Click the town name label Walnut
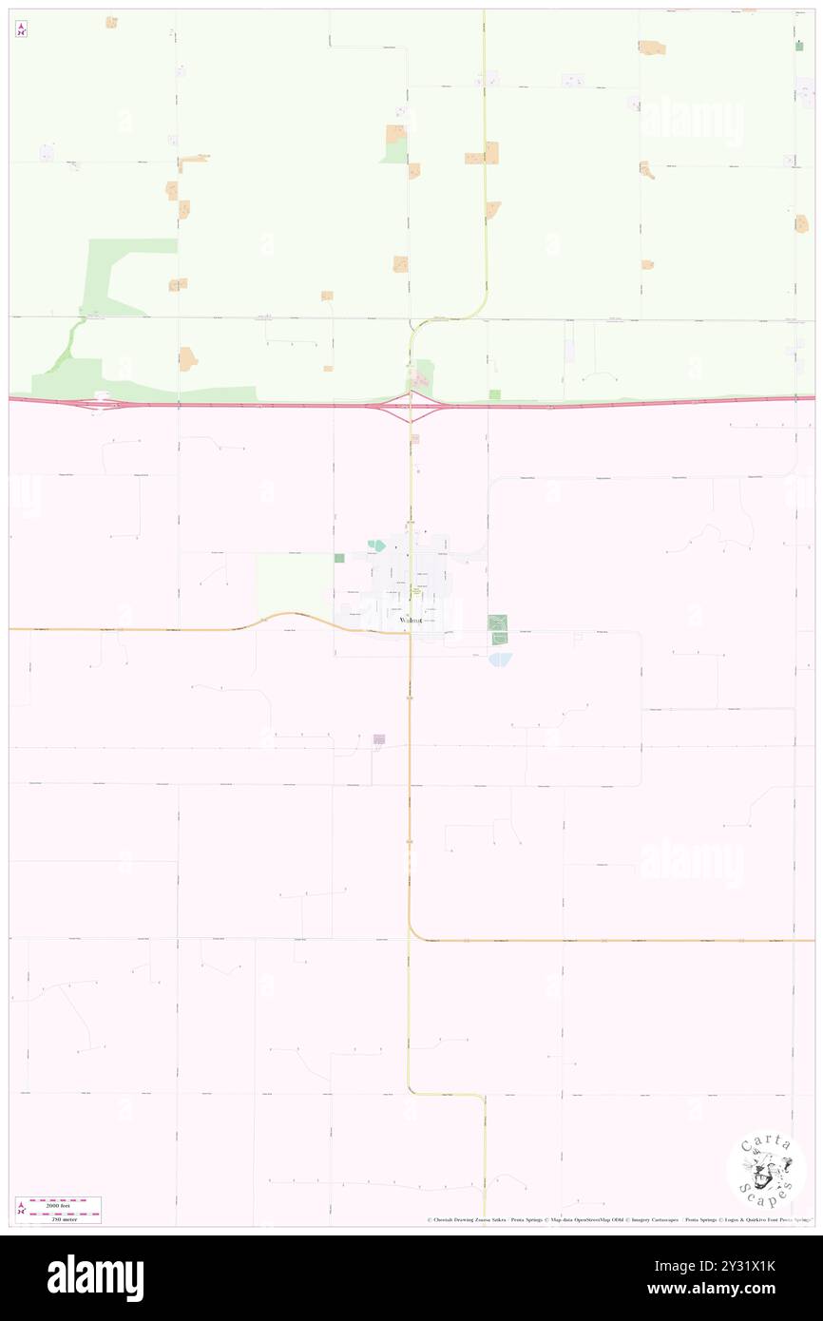(x=411, y=620)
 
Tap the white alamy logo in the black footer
(x=95, y=1278)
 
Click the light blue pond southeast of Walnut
(x=500, y=659)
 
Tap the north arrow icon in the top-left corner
(x=21, y=29)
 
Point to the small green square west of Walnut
(x=339, y=558)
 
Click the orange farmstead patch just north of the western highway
(x=187, y=359)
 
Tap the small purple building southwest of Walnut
(x=379, y=738)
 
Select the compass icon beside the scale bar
(x=19, y=1210)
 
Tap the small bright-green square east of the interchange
(x=494, y=393)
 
